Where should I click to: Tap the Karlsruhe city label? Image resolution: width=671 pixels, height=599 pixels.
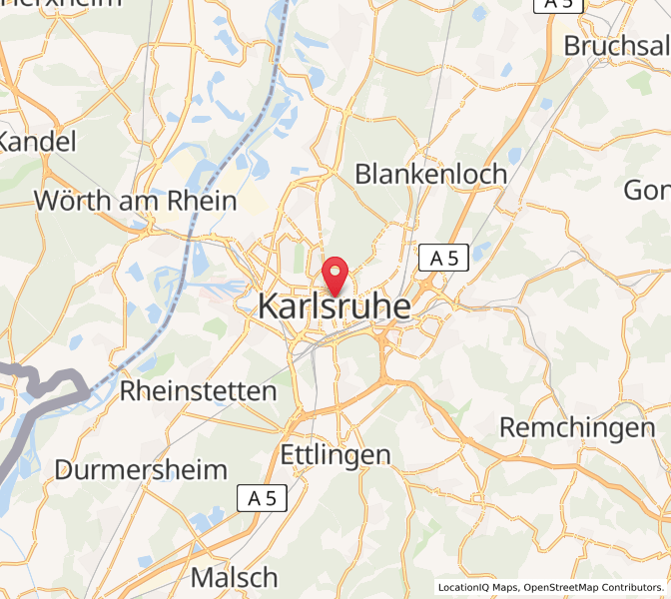(335, 307)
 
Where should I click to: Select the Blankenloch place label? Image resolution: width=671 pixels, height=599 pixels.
(431, 174)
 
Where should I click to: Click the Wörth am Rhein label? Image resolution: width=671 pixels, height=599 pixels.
(136, 201)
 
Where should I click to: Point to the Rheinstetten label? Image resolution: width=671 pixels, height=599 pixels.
(198, 390)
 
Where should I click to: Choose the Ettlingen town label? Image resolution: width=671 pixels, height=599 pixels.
(335, 455)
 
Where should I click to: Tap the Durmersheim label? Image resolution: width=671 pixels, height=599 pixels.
(141, 469)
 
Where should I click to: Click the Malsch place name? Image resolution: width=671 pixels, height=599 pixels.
(234, 577)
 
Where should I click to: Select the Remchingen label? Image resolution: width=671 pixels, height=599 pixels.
(576, 428)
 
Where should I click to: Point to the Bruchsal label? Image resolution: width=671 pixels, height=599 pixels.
(616, 46)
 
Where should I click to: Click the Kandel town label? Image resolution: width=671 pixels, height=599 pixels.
(36, 142)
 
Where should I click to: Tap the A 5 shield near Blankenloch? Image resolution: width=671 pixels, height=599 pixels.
(443, 259)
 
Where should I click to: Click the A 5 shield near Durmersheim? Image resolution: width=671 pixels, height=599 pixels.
(263, 498)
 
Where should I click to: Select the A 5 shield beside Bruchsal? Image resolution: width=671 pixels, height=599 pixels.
(558, 4)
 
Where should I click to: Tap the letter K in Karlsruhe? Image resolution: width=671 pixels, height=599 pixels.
(268, 307)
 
